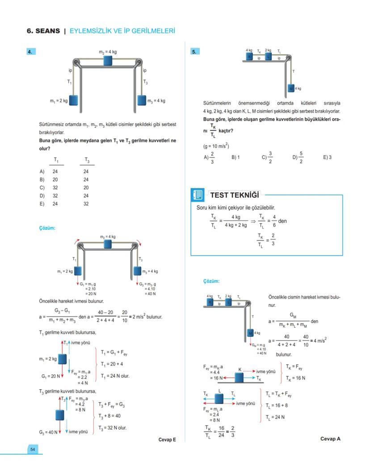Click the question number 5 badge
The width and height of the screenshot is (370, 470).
194,52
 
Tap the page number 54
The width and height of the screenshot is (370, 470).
33,449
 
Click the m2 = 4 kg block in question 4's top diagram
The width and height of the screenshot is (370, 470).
108,60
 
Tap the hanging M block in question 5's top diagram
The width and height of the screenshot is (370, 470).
291,88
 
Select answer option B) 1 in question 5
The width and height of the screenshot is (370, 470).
235,158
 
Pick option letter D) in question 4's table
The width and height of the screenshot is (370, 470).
42,195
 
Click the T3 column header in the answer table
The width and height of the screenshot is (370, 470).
87,160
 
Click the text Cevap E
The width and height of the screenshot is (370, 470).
167,440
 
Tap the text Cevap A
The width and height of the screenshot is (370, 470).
330,439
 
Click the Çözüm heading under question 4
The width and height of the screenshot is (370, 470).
47,228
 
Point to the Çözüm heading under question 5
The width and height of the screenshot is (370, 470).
211,281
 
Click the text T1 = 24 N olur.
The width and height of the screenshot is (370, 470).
115,376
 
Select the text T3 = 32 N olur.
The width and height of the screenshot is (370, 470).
113,428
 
